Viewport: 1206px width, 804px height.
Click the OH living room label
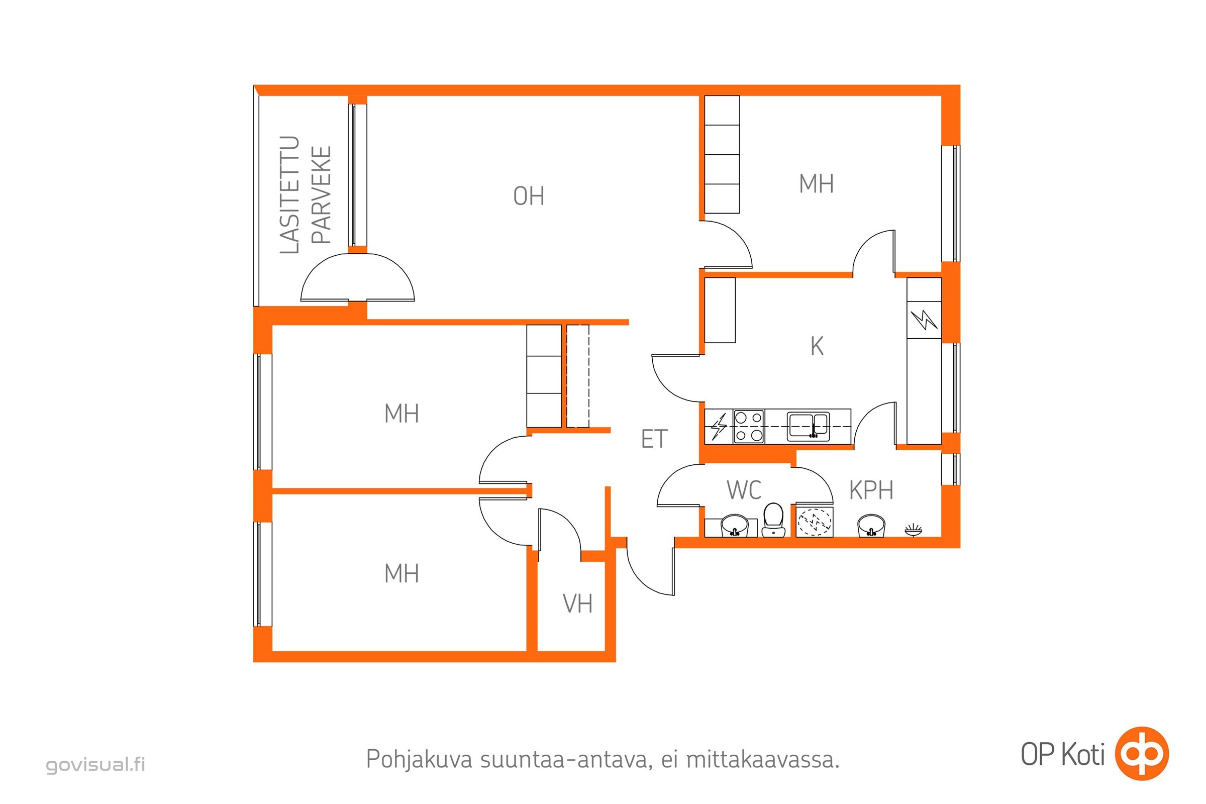(x=529, y=196)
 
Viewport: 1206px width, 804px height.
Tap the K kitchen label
(x=817, y=347)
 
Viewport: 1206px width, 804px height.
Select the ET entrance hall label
(x=654, y=439)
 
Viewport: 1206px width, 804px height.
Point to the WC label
(x=744, y=490)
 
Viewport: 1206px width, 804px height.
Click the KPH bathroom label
(x=871, y=490)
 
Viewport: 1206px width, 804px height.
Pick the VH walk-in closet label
(x=577, y=604)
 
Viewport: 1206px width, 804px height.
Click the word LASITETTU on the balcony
(x=290, y=195)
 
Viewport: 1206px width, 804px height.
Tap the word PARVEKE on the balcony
(x=322, y=195)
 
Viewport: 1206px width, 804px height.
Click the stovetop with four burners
(x=749, y=427)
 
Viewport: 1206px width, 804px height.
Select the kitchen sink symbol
(x=809, y=426)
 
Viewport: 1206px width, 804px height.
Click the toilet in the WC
(x=773, y=520)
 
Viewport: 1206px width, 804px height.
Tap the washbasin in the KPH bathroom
(x=871, y=526)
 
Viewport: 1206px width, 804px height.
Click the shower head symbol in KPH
(x=913, y=530)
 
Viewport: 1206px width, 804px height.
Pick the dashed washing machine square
(x=815, y=522)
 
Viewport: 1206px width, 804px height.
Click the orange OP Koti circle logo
(x=1142, y=754)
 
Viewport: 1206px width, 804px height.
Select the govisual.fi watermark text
(x=96, y=764)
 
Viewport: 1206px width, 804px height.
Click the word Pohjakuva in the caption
(x=419, y=759)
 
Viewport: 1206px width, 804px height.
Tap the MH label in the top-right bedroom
(x=816, y=184)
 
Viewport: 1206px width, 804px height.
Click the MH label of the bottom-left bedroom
(x=401, y=573)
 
